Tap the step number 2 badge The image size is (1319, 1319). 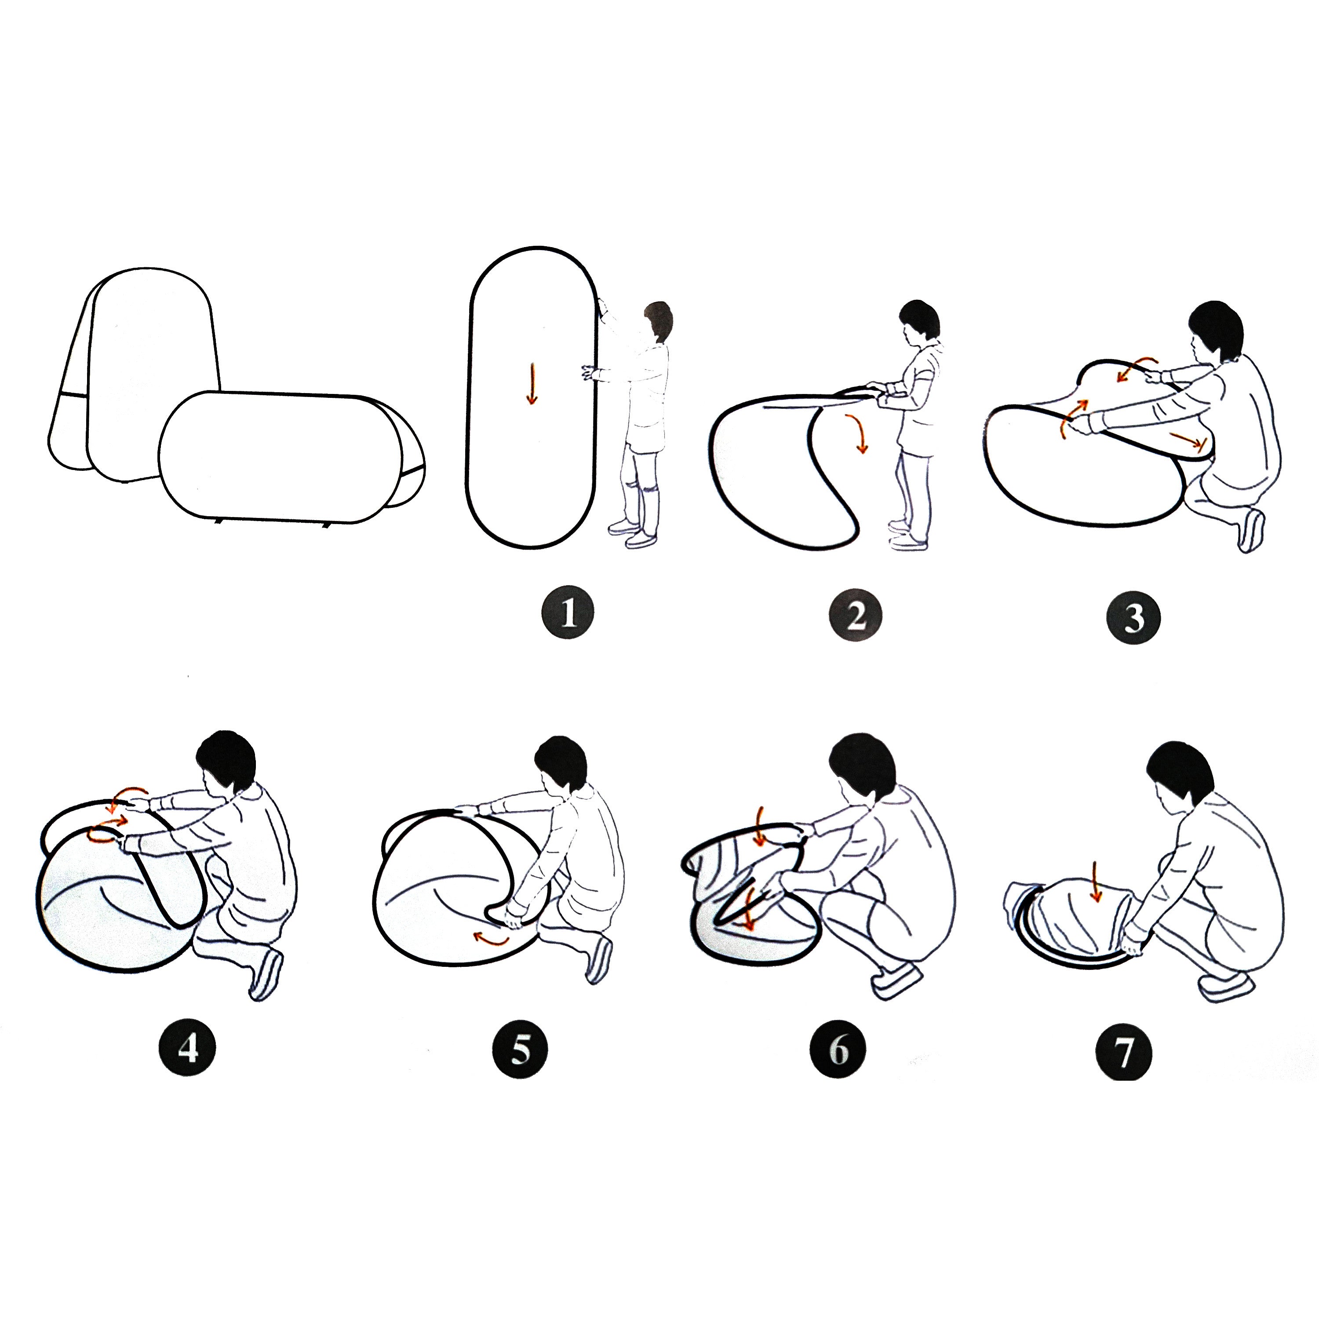856,616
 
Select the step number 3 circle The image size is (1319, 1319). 1133,619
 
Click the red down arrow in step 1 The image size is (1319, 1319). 531,384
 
